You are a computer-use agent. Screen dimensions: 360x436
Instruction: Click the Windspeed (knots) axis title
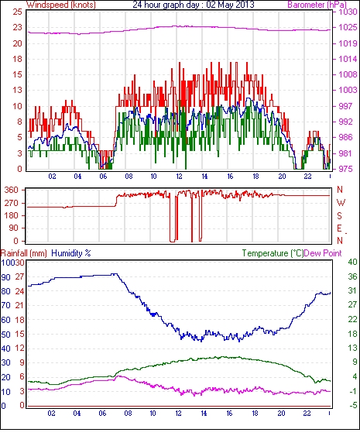pyautogui.click(x=61, y=5)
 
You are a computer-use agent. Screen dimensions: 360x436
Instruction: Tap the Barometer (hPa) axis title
pyautogui.click(x=317, y=5)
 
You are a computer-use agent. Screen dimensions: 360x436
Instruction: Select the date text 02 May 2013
pyautogui.click(x=230, y=5)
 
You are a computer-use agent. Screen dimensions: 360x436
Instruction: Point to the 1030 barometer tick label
pyautogui.click(x=348, y=12)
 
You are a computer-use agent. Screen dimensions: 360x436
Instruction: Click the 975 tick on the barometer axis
pyautogui.click(x=345, y=169)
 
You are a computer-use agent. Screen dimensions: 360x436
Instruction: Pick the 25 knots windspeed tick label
pyautogui.click(x=17, y=12)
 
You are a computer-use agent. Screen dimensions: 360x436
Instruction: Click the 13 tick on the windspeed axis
pyautogui.click(x=17, y=90)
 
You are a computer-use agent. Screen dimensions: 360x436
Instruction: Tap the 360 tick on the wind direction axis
pyautogui.click(x=12, y=191)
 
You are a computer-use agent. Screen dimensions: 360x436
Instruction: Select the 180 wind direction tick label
pyautogui.click(x=12, y=216)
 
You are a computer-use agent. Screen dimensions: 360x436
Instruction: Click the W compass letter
pyautogui.click(x=341, y=203)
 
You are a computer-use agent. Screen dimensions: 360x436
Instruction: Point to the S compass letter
pyautogui.click(x=339, y=216)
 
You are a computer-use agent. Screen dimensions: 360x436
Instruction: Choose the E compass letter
pyautogui.click(x=339, y=228)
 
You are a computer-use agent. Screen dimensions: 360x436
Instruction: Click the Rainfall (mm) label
pyautogui.click(x=24, y=253)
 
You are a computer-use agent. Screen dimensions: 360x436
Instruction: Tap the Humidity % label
pyautogui.click(x=71, y=253)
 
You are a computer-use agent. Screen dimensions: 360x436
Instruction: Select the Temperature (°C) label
pyautogui.click(x=273, y=253)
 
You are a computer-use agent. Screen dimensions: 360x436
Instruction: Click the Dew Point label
pyautogui.click(x=323, y=253)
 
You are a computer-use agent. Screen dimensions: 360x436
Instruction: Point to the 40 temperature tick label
pyautogui.click(x=352, y=263)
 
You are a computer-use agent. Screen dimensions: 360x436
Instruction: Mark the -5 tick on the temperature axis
pyautogui.click(x=353, y=406)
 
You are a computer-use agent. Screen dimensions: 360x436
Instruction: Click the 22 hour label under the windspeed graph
pyautogui.click(x=307, y=177)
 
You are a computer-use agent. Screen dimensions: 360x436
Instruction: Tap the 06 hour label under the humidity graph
pyautogui.click(x=102, y=414)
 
